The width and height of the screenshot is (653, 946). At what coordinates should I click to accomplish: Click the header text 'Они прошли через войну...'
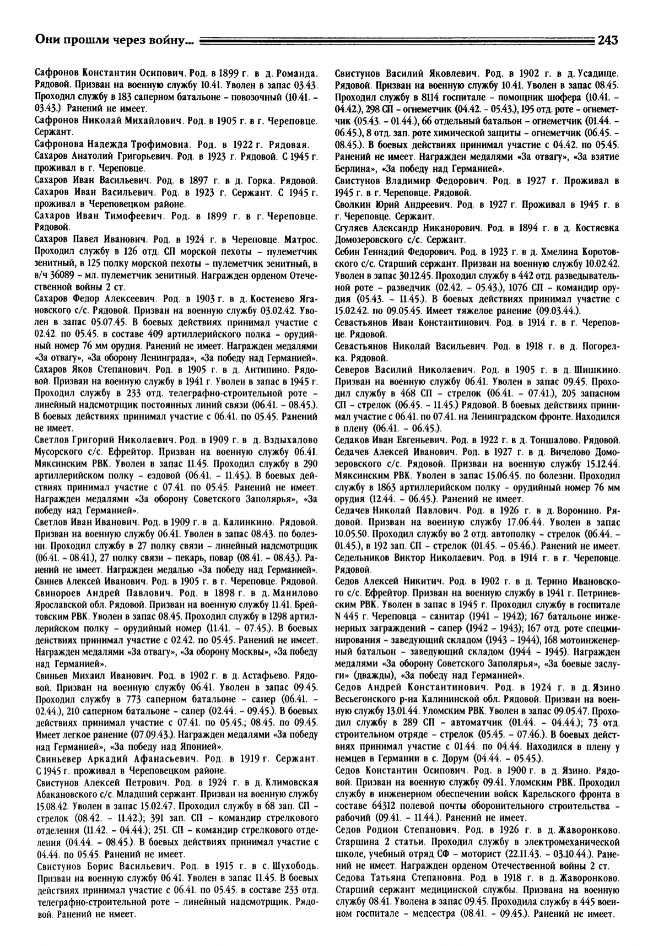pos(114,40)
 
